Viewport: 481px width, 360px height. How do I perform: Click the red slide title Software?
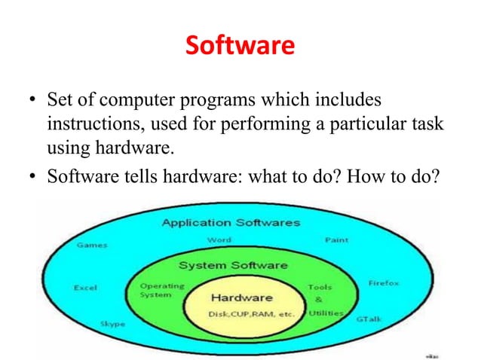[x=240, y=47]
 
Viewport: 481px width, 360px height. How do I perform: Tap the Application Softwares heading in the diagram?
[x=231, y=223]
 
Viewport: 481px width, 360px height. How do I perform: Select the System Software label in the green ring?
[x=232, y=265]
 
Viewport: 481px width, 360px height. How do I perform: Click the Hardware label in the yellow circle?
[x=241, y=297]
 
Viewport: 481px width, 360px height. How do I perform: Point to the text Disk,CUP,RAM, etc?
[x=241, y=313]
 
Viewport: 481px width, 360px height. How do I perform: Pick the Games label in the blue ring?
[x=91, y=245]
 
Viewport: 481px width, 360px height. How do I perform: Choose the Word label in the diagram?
[x=219, y=240]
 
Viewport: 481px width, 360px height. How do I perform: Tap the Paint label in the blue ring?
[x=336, y=240]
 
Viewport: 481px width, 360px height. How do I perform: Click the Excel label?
[x=84, y=287]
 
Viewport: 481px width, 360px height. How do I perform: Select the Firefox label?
[x=384, y=283]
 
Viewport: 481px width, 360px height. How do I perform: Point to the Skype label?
[x=112, y=324]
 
